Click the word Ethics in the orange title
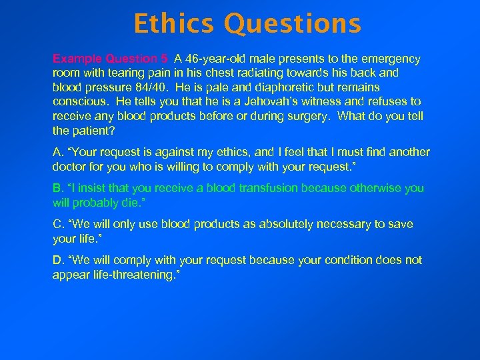(175, 24)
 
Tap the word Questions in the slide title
(293, 24)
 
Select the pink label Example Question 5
(111, 59)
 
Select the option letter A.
(57, 152)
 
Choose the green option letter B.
(57, 188)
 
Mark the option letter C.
(57, 224)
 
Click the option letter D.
(57, 260)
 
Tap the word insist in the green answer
(87, 188)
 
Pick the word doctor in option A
(69, 167)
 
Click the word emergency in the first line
(392, 59)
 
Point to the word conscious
(79, 102)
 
